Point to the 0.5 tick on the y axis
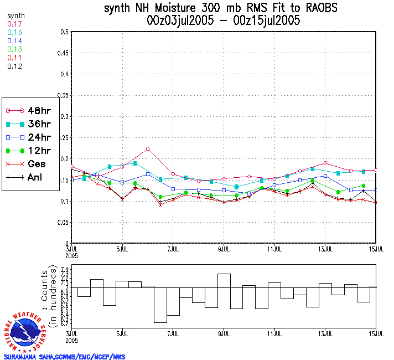(65, 32)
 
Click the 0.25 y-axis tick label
(64, 138)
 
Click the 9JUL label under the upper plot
(224, 249)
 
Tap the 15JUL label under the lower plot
(376, 335)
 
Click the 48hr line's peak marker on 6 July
(148, 149)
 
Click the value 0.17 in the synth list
(14, 24)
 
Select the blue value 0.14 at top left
(14, 41)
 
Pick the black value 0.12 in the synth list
(14, 66)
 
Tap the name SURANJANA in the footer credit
(22, 357)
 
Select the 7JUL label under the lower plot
(173, 335)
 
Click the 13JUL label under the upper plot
(325, 249)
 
